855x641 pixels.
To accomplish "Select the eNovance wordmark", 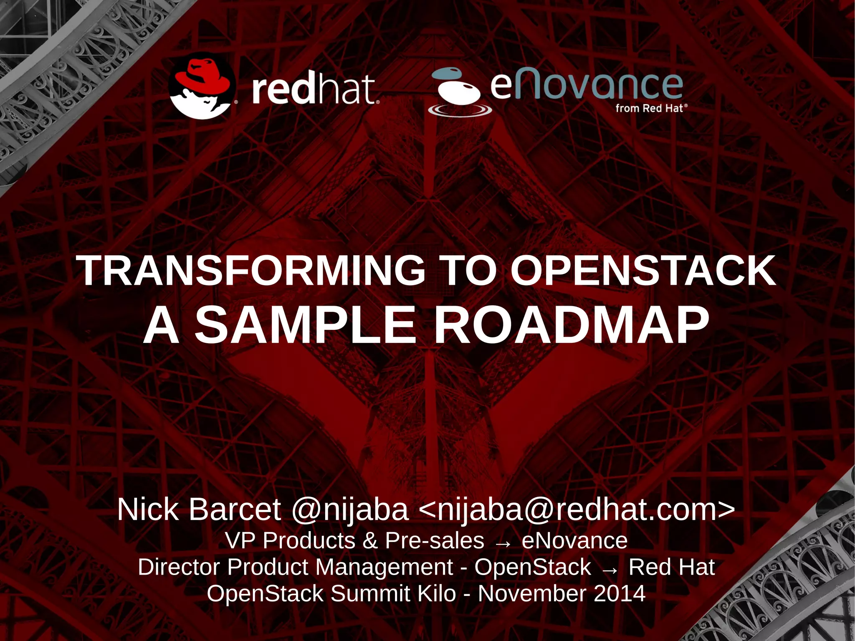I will pyautogui.click(x=587, y=85).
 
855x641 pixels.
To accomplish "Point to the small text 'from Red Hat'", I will pyautogui.click(x=650, y=109).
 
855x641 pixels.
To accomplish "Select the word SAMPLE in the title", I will pyautogui.click(x=305, y=325).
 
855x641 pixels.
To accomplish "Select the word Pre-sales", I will pyautogui.click(x=435, y=541).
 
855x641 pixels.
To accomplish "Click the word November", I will pyautogui.click(x=532, y=593).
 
